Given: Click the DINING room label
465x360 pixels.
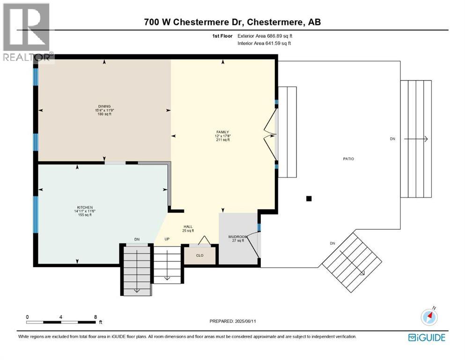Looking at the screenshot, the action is (104, 106).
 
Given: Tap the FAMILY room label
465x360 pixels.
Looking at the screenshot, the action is (222, 132).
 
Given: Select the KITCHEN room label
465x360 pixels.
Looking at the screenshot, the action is (85, 208).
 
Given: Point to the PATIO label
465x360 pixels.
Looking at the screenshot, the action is (348, 159).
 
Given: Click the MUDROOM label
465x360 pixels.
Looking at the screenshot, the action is (238, 237).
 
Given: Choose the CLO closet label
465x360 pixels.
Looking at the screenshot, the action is (199, 255).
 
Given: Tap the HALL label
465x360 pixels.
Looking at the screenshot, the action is (188, 226).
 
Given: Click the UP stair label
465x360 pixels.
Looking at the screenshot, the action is (167, 239).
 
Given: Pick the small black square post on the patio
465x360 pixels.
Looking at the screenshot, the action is (309, 199).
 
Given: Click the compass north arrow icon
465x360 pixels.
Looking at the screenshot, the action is (429, 316).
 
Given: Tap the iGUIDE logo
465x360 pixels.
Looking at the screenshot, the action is (427, 337).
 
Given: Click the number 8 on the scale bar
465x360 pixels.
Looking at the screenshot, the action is (96, 317).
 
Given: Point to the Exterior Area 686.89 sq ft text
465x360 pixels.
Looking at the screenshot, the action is (265, 36).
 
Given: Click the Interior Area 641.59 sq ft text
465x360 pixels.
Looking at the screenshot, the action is (264, 43).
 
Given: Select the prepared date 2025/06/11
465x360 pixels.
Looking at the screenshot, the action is (245, 321).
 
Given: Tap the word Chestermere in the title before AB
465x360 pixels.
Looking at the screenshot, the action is (275, 22).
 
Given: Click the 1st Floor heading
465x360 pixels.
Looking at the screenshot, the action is (222, 36).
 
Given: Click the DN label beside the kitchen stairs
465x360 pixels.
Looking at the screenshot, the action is (137, 239).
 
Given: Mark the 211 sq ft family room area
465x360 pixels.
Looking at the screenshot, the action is (223, 140).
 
